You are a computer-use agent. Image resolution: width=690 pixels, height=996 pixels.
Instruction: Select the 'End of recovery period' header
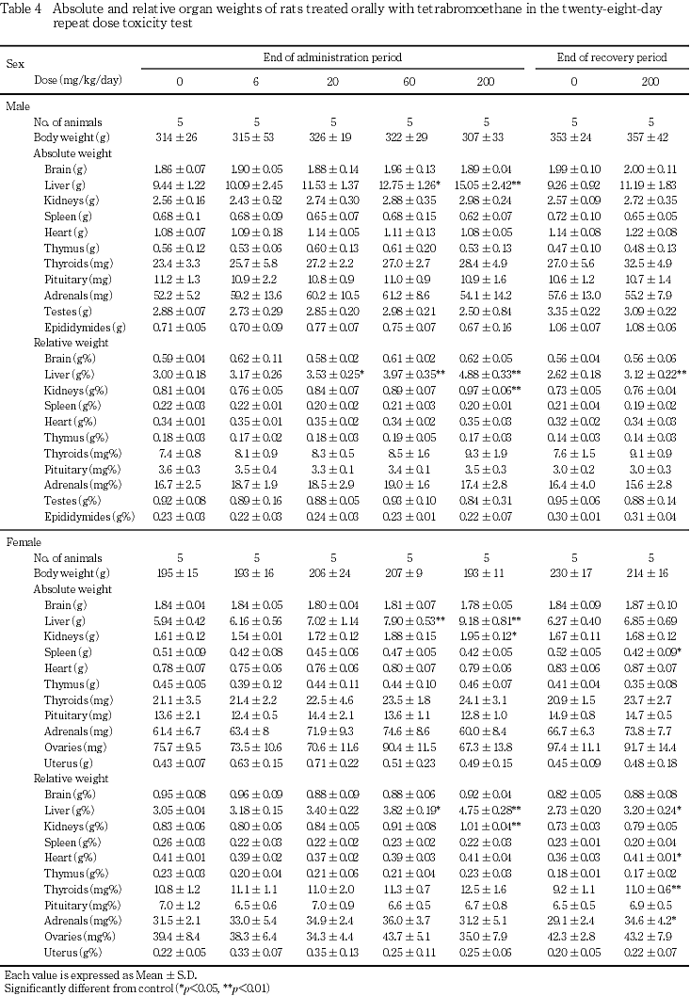point(612,57)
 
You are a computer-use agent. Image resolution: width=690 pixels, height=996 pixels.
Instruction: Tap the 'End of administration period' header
point(333,57)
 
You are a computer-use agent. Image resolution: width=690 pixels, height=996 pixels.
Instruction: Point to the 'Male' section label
point(18,106)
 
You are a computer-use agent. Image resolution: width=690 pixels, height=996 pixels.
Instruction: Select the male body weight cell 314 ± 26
point(179,137)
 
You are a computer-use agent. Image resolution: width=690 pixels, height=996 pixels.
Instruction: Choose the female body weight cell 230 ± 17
point(573,573)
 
